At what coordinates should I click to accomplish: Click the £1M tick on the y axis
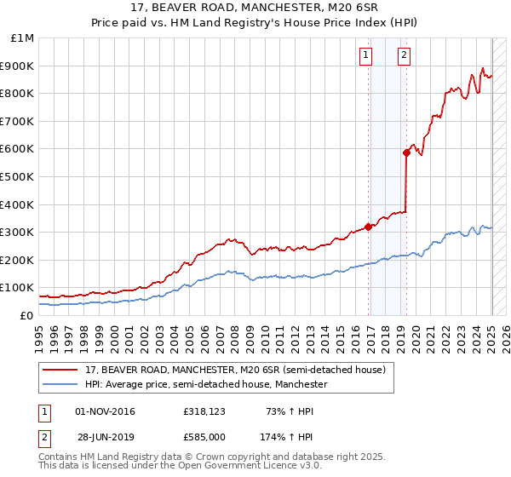pyautogui.click(x=21, y=38)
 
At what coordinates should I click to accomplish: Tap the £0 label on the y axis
pyautogui.click(x=26, y=315)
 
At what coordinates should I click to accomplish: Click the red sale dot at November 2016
pyautogui.click(x=369, y=227)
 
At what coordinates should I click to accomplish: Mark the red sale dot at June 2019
pyautogui.click(x=407, y=152)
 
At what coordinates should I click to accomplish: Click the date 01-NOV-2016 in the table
pyautogui.click(x=106, y=411)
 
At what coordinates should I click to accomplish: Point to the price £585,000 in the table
pyautogui.click(x=204, y=437)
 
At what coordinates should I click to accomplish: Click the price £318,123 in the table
pyautogui.click(x=204, y=411)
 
